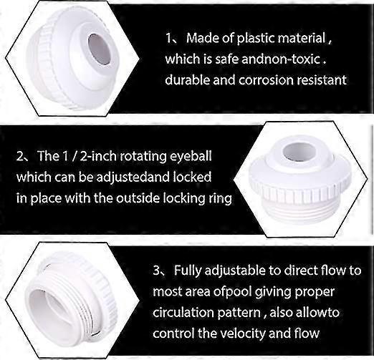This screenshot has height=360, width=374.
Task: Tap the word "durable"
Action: (188, 80)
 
